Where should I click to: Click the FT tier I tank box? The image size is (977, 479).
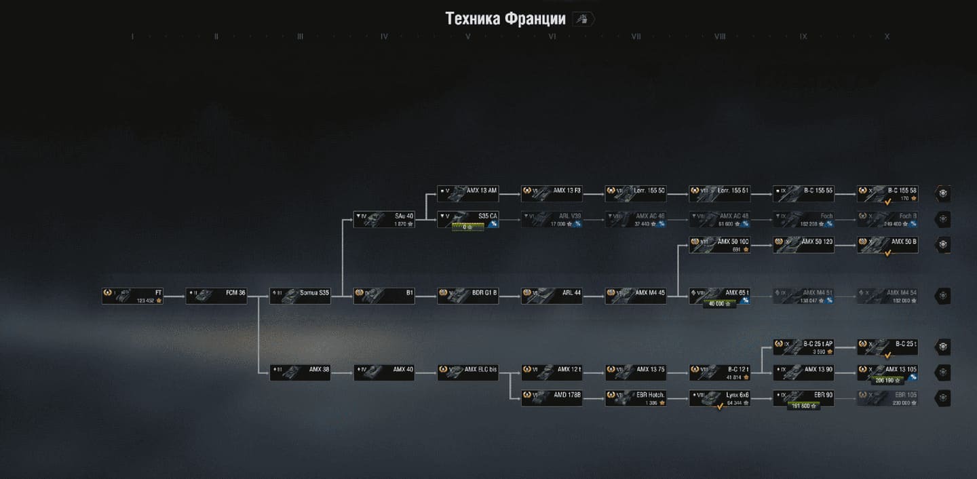click(132, 296)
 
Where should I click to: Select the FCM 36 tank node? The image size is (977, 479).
click(216, 296)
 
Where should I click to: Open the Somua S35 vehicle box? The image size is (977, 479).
click(300, 296)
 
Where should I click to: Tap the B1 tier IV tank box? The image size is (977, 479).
click(384, 296)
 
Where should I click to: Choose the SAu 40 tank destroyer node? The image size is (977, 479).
click(384, 219)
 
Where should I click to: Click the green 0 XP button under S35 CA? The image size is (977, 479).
click(467, 227)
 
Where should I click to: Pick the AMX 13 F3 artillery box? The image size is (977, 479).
click(552, 193)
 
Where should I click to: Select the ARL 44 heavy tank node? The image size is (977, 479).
click(552, 296)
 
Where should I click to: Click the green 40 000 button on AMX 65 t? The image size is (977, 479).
click(720, 303)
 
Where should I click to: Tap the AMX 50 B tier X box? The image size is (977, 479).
click(887, 244)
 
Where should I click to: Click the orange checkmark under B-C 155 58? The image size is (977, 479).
click(887, 202)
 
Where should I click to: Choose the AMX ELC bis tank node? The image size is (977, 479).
click(467, 372)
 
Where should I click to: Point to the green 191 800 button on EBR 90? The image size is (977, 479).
click(803, 406)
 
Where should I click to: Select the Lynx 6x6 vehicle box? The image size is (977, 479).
click(720, 398)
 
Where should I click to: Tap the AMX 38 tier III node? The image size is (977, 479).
click(300, 372)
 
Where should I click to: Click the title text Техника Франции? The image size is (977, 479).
click(505, 18)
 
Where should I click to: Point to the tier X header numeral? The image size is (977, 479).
click(887, 37)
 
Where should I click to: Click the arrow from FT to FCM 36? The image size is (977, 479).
click(174, 296)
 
